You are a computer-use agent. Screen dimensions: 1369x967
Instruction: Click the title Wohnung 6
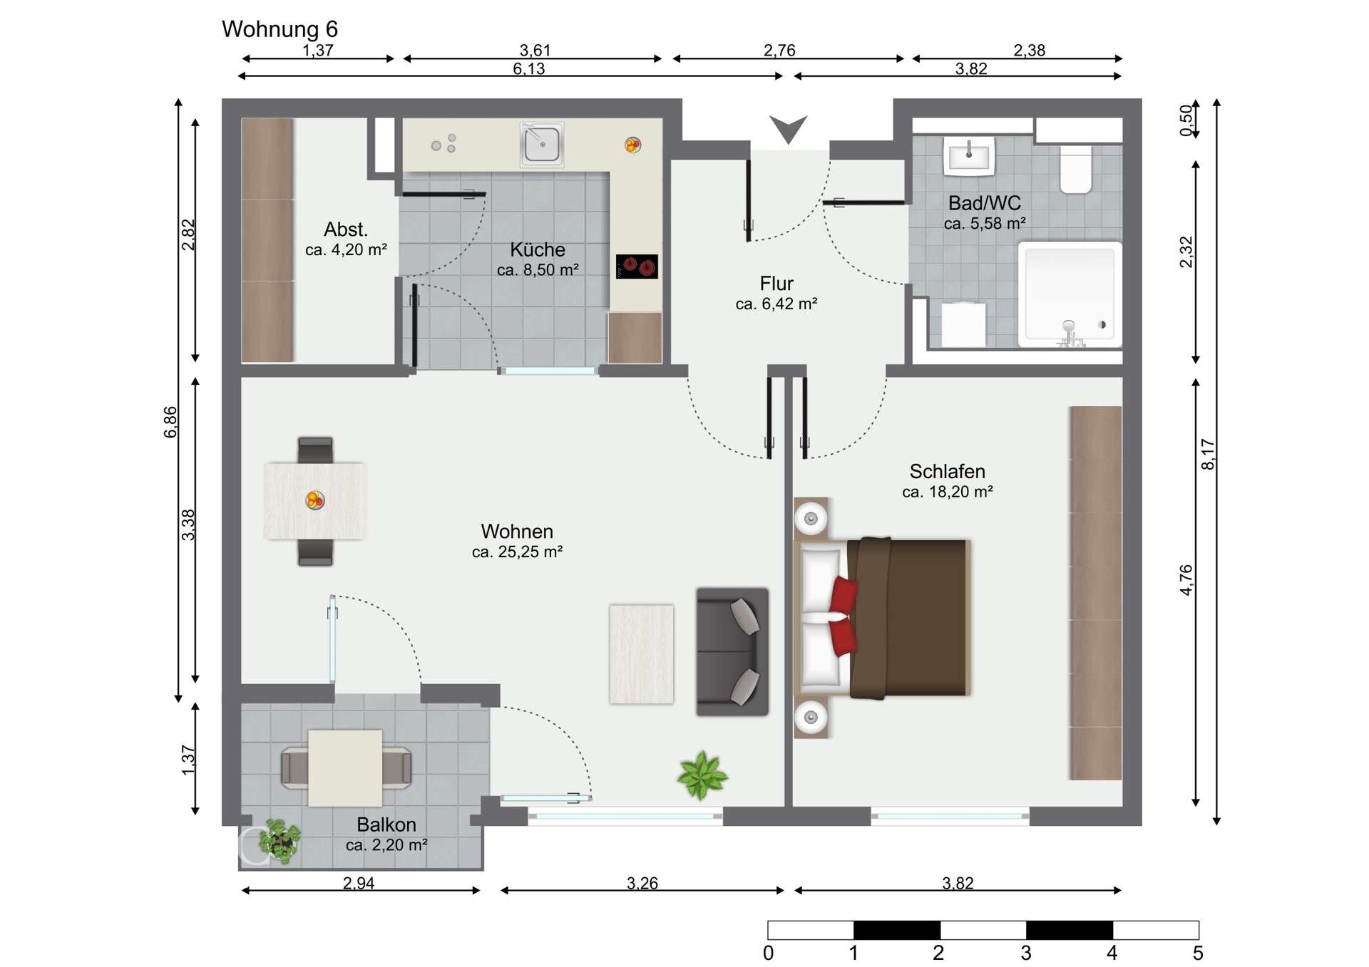(x=280, y=29)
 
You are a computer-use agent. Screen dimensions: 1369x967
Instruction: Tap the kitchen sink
(x=542, y=143)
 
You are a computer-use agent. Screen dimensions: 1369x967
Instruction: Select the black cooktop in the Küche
(x=637, y=267)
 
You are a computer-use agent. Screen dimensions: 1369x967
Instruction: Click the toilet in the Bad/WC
(x=1076, y=170)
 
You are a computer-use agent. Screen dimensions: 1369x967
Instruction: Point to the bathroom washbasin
(x=969, y=156)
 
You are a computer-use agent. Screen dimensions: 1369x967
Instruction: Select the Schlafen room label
(x=947, y=471)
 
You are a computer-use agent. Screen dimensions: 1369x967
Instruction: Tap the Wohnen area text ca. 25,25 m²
(x=517, y=552)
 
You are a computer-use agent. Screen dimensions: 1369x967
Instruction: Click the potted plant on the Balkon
(x=280, y=842)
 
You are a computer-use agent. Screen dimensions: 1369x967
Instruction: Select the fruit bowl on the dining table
(x=315, y=500)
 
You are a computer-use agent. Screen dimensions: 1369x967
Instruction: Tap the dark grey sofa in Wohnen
(x=732, y=651)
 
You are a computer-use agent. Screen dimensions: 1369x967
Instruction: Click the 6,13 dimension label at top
(x=528, y=69)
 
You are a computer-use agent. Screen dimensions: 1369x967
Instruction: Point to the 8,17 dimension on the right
(x=1207, y=454)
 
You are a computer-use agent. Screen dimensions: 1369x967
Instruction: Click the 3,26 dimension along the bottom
(x=642, y=884)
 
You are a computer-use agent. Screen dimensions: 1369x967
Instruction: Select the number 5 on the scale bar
(x=1198, y=953)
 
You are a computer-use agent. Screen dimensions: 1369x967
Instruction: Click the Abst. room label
(x=346, y=229)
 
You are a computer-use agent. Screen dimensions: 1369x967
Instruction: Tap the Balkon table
(x=345, y=768)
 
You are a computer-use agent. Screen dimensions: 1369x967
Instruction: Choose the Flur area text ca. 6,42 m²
(x=776, y=304)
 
